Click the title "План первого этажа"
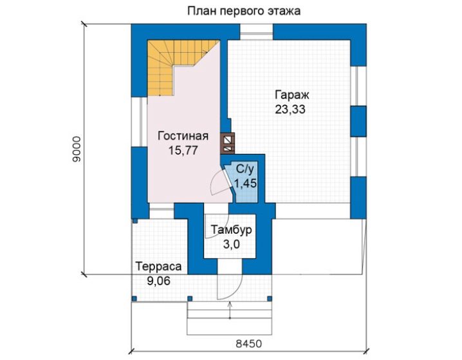coord(244,11)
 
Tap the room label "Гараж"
coord(292,95)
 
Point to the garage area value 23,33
coord(290,109)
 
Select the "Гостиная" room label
coord(183,136)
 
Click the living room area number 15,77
coord(183,150)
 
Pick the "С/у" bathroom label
coord(245,169)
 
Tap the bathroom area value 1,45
coord(245,184)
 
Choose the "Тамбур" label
coord(231,229)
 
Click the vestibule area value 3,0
coord(231,244)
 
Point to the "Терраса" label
coord(158,267)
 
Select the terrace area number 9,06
coord(159,281)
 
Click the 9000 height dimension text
coord(77,149)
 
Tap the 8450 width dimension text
coord(248,344)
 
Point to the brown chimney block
coord(228,144)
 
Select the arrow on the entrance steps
coord(230,310)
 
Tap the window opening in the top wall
coord(256,32)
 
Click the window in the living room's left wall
coord(140,122)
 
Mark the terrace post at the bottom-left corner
coord(134,299)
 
